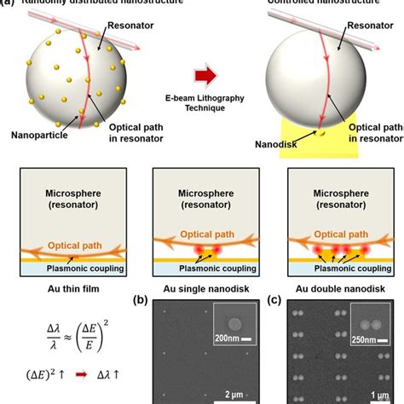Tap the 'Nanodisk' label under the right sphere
287,147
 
